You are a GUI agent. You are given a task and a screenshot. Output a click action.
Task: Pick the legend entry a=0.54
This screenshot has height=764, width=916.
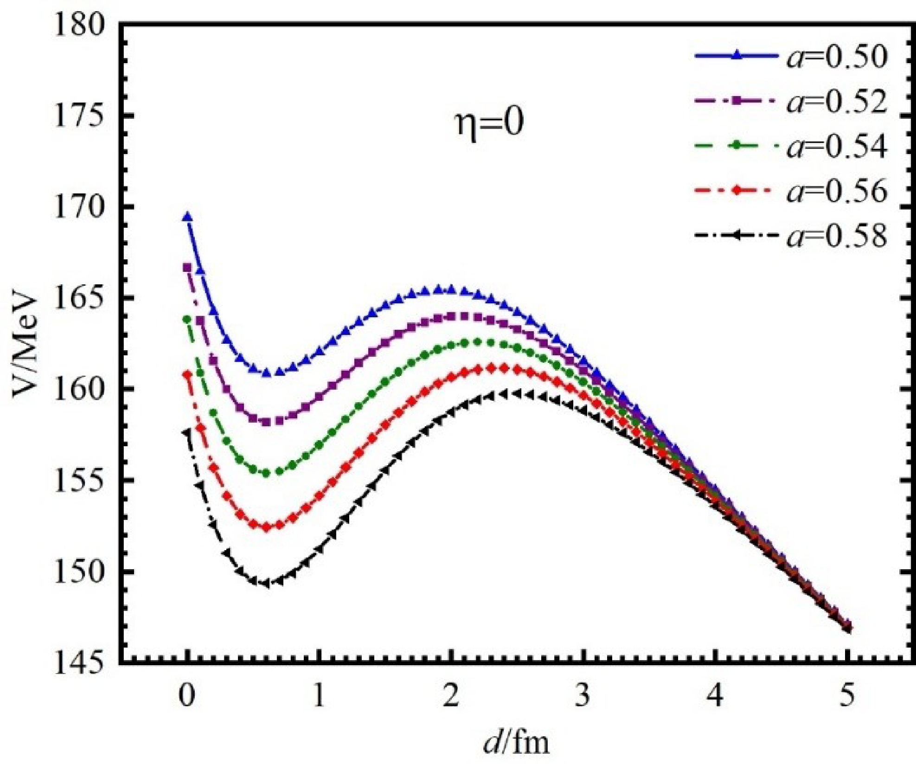(791, 146)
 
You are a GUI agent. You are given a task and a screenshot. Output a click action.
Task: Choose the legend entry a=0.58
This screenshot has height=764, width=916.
(791, 235)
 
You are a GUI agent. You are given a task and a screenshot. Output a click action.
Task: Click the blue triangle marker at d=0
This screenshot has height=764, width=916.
(187, 217)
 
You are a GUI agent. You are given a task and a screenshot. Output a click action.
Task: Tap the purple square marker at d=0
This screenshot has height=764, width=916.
(187, 268)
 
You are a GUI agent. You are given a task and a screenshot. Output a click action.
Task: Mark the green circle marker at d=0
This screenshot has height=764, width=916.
(187, 319)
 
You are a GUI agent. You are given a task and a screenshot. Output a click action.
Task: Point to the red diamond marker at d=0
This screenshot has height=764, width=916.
(187, 374)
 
